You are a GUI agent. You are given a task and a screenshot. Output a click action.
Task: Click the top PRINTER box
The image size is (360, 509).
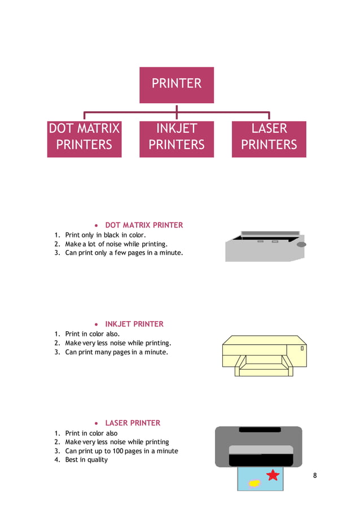[177, 85]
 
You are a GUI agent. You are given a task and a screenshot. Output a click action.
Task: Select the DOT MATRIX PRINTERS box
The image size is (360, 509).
[84, 138]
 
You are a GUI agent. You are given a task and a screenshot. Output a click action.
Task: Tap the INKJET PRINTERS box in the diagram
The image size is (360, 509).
[177, 138]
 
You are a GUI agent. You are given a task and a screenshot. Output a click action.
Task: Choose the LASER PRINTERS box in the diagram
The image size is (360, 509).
[269, 138]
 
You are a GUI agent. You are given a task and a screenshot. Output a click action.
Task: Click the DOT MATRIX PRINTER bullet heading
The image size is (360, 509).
[144, 225]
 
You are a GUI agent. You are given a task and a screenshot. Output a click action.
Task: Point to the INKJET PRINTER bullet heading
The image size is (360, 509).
[134, 324]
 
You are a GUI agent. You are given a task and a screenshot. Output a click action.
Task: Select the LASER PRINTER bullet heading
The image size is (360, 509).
[133, 423]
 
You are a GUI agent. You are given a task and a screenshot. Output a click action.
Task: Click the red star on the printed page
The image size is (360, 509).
[273, 475]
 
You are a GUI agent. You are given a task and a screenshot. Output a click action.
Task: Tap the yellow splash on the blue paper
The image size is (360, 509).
[254, 482]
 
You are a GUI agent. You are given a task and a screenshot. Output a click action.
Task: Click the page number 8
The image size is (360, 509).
[315, 475]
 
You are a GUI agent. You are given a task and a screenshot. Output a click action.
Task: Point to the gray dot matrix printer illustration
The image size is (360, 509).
[264, 247]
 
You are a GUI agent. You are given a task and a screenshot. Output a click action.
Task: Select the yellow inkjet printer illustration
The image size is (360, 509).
[264, 356]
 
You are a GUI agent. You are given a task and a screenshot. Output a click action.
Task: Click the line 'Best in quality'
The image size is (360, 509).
[86, 459]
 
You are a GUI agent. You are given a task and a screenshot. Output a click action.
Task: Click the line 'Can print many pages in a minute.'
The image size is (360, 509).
[116, 352]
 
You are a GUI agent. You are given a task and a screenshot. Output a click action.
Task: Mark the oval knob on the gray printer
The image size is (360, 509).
[301, 244]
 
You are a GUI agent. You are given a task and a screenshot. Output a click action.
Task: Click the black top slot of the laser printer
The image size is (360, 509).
[260, 429]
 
